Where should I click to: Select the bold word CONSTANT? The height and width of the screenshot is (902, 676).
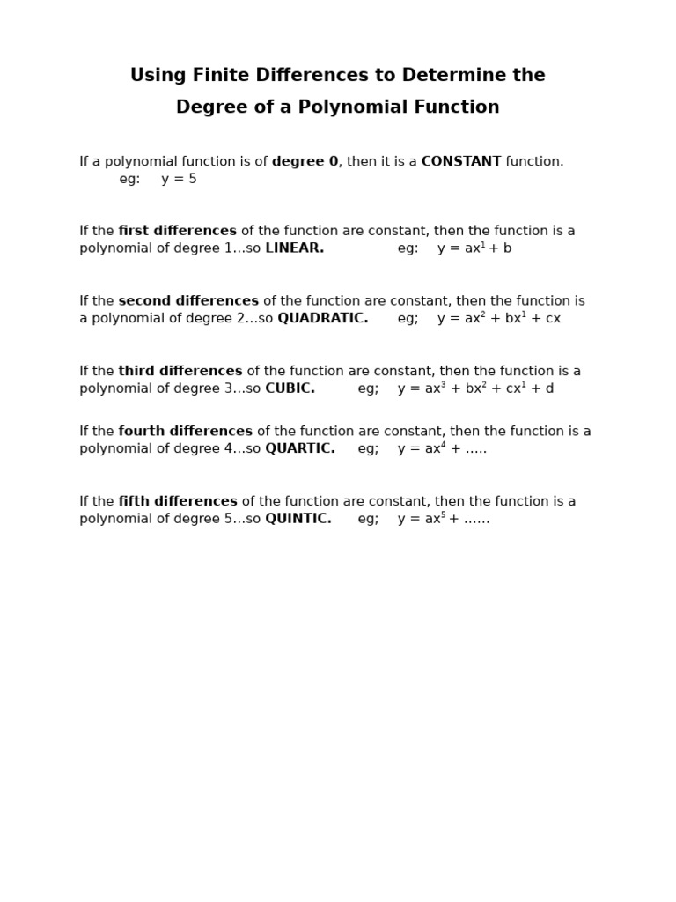click(x=461, y=161)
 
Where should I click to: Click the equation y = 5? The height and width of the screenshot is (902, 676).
click(x=179, y=179)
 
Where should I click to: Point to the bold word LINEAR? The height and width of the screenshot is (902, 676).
click(x=294, y=248)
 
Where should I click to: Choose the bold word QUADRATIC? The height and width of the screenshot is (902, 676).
click(x=322, y=318)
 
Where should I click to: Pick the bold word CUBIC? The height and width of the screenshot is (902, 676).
click(x=290, y=388)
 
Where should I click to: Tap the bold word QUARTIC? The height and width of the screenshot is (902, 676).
click(x=299, y=448)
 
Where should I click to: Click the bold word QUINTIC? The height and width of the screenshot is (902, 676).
click(x=298, y=519)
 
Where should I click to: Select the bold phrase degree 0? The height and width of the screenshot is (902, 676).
click(x=305, y=161)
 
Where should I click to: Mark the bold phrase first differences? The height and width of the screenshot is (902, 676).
click(x=177, y=231)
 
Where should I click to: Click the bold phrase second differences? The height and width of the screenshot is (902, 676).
click(x=188, y=301)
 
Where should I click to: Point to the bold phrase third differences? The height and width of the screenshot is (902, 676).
click(x=180, y=372)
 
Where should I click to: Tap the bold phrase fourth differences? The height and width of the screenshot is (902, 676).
click(x=185, y=432)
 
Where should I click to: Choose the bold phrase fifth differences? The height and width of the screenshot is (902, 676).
click(x=177, y=502)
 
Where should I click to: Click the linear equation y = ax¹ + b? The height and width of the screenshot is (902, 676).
click(x=474, y=248)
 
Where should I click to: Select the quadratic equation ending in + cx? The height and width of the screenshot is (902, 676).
click(x=498, y=318)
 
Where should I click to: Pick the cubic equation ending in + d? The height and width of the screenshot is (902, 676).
click(x=475, y=388)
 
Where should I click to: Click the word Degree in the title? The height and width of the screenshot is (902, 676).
click(x=207, y=107)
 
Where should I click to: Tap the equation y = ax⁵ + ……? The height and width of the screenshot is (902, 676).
click(x=444, y=519)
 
